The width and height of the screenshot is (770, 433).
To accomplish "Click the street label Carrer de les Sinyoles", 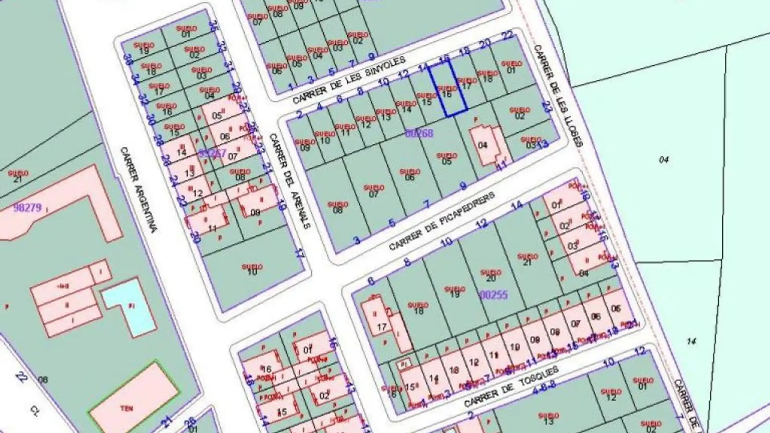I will coord(349,81).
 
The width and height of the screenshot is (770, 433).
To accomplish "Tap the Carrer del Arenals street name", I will coord(289,181).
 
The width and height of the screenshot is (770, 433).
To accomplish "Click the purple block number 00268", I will coord(419,133).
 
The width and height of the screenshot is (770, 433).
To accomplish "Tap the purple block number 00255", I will coord(494,295).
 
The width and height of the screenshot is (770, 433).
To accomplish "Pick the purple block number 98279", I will coord(27,207).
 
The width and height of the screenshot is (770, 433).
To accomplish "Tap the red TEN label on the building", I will coord(127,409).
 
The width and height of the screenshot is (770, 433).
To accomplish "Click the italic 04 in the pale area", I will coord(664,160).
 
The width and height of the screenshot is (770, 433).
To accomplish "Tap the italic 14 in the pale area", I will coord(691,342).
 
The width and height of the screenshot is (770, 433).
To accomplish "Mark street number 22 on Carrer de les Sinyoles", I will coord(508,35).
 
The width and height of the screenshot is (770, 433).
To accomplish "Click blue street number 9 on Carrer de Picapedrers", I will coord(463,186).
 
